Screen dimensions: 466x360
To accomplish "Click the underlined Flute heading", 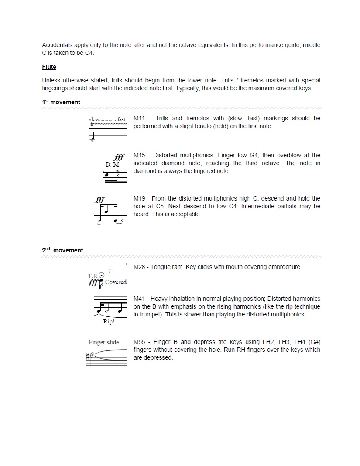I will (x=49, y=67).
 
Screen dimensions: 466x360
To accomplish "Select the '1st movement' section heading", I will (x=61, y=102).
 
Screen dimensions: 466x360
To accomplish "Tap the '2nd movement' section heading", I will (x=62, y=250).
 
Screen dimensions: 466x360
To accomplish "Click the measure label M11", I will (x=139, y=118).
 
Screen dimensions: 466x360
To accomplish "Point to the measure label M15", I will (x=139, y=155).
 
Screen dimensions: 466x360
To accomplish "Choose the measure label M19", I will (x=139, y=198).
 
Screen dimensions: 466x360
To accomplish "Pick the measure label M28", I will (x=139, y=267).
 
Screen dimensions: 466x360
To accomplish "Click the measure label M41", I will (x=139, y=299).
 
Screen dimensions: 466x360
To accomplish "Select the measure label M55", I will (x=139, y=342).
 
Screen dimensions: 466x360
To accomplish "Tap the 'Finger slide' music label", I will (x=103, y=342).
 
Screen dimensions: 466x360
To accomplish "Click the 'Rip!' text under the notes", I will (x=109, y=322).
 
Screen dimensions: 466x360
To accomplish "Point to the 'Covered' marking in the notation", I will (x=116, y=282).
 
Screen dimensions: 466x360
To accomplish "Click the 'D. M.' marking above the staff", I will (x=113, y=165).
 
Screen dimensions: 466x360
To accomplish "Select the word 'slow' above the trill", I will (x=94, y=119).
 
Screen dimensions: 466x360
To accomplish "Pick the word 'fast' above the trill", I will (x=121, y=119).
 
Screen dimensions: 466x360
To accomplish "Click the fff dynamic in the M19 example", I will (x=100, y=200).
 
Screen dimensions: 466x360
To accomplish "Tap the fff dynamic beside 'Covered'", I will (x=93, y=283).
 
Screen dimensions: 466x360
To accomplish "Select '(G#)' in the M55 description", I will (x=312, y=342).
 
